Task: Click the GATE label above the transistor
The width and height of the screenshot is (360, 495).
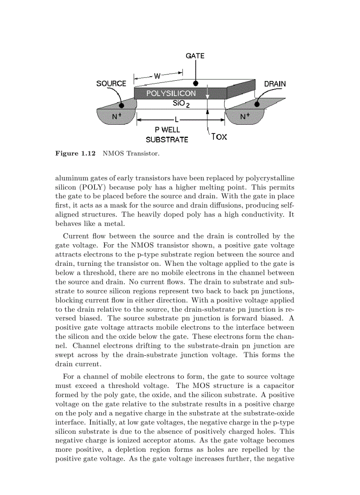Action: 195,56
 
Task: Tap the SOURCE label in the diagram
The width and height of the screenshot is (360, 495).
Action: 111,83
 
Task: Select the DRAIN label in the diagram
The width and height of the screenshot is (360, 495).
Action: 274,84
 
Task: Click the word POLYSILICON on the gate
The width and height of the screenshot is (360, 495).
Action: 171,93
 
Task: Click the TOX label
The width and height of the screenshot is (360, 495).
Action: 219,137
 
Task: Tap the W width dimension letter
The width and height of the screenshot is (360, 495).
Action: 157,76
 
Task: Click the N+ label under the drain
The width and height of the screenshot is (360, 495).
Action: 244,116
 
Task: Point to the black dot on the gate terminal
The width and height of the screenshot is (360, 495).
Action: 195,83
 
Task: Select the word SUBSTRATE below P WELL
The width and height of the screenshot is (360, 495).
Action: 167,140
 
